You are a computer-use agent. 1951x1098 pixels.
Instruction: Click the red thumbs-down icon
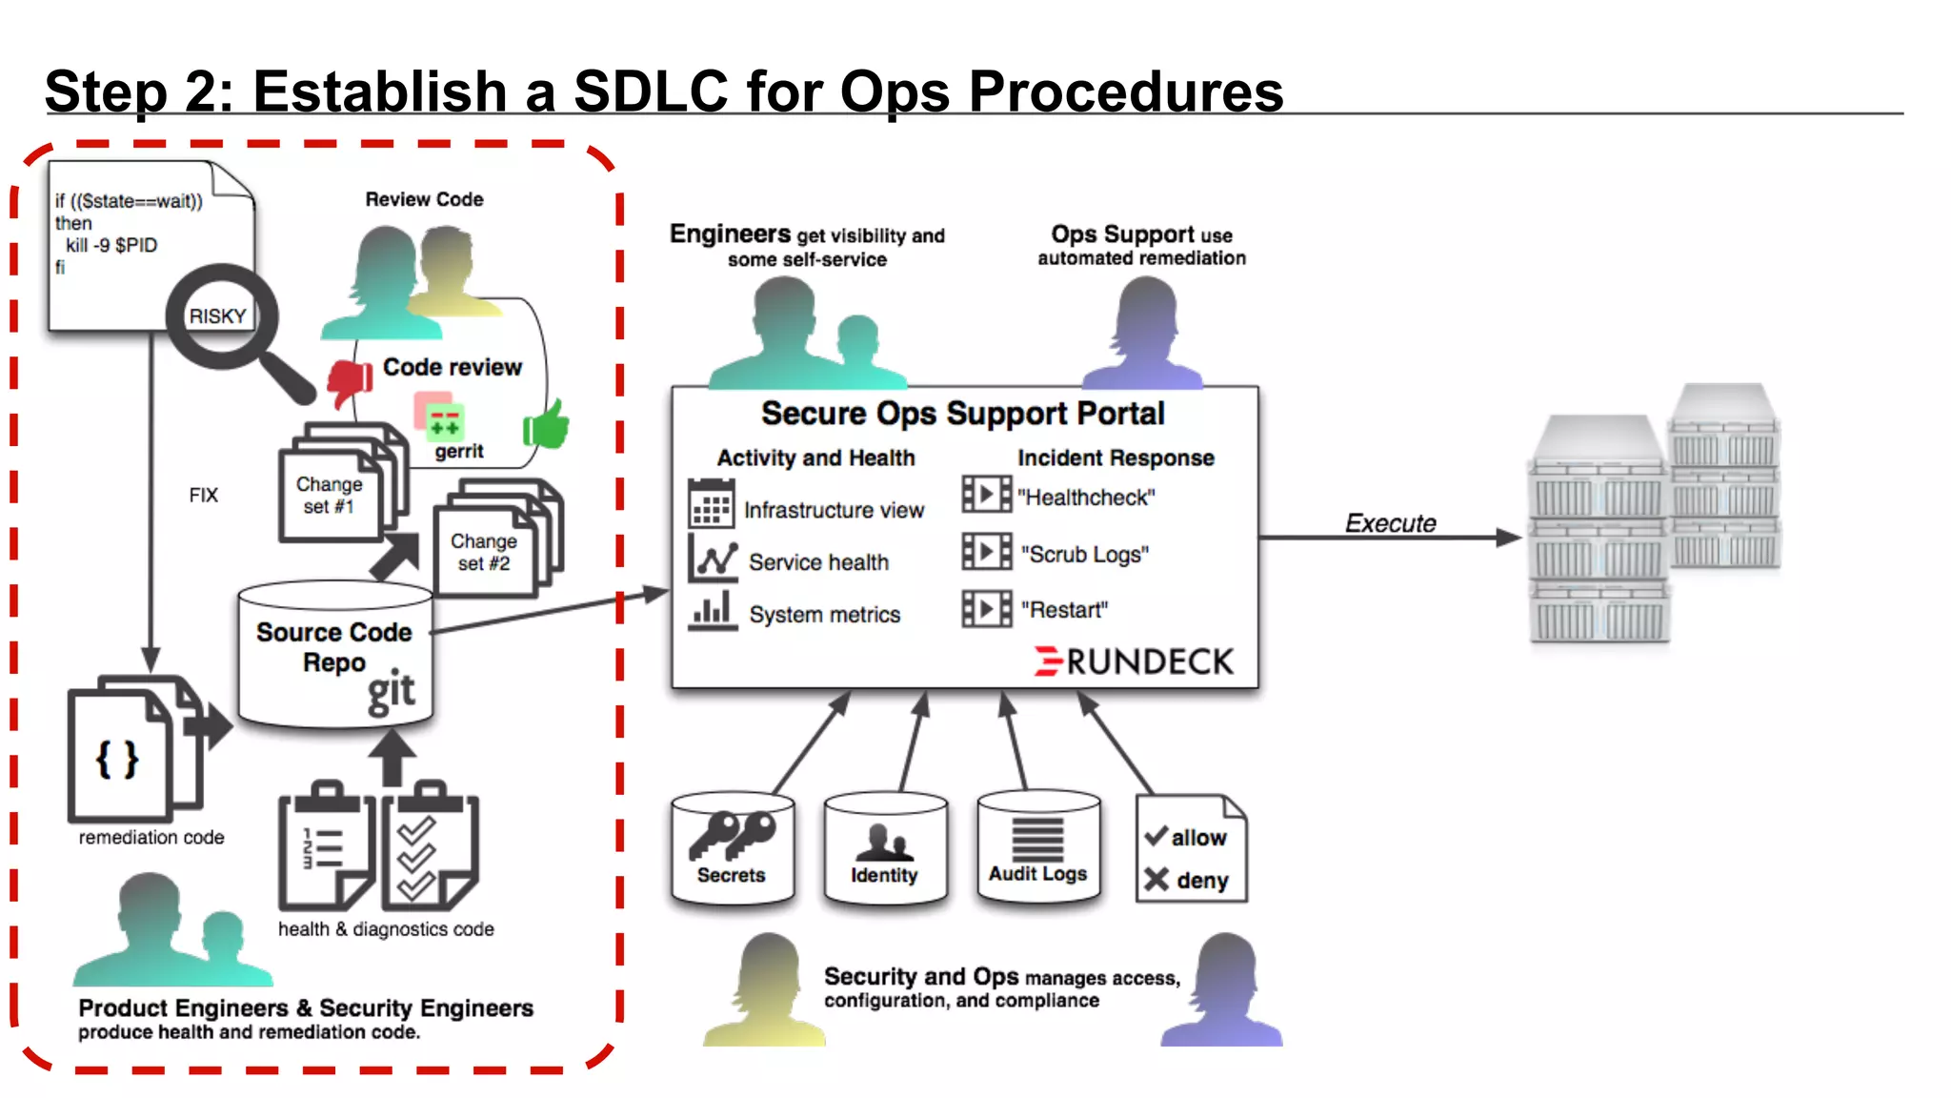click(x=350, y=381)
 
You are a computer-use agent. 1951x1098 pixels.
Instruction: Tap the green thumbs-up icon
click(x=547, y=425)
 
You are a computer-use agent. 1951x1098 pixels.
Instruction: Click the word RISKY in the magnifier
click(x=217, y=316)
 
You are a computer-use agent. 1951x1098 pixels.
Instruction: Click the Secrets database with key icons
click(x=732, y=847)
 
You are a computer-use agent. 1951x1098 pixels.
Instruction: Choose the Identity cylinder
click(x=885, y=847)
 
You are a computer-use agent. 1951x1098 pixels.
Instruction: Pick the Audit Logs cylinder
click(x=1037, y=845)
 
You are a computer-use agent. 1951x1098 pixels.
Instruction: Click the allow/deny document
click(x=1191, y=849)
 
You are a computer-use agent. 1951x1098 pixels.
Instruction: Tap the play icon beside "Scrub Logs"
click(x=986, y=552)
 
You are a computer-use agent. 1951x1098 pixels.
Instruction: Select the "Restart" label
click(x=1064, y=610)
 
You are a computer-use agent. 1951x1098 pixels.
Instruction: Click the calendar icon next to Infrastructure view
click(x=711, y=504)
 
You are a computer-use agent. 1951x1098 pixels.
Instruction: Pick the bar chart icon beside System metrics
click(x=712, y=610)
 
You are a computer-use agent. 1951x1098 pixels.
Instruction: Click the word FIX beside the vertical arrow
click(x=203, y=495)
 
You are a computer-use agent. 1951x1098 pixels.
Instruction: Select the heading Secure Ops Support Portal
click(x=962, y=414)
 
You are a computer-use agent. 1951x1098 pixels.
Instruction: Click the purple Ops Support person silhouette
click(x=1143, y=334)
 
